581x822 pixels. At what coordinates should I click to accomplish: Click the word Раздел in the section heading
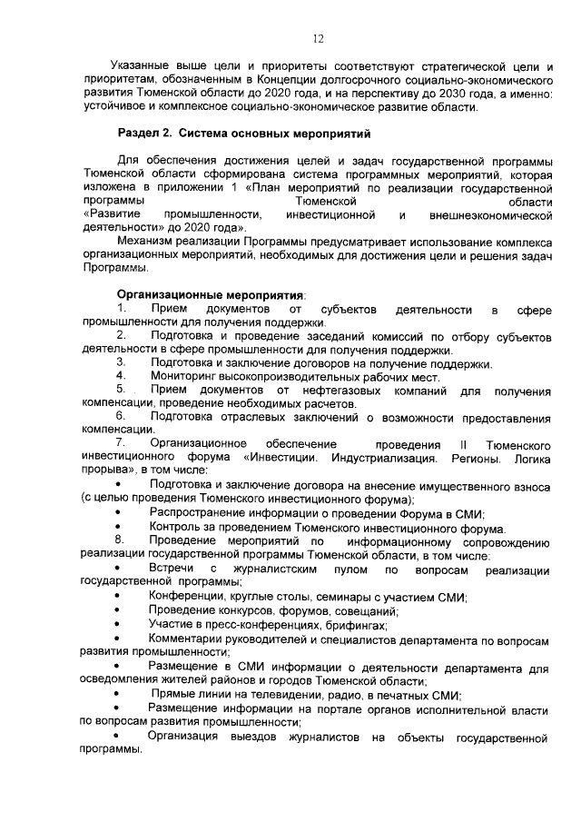pyautogui.click(x=138, y=134)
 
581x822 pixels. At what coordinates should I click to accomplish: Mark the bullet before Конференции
pyautogui.click(x=120, y=596)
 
